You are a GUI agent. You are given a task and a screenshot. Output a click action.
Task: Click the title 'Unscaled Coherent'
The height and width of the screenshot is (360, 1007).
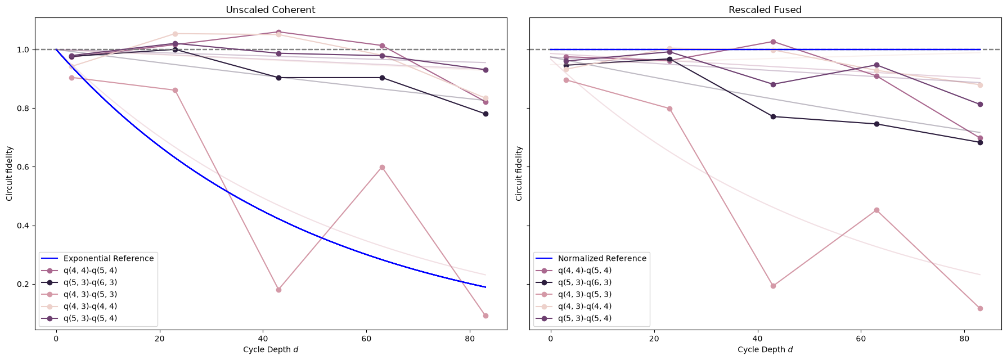(270, 10)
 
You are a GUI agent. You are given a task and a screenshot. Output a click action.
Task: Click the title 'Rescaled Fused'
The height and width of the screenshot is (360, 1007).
(765, 10)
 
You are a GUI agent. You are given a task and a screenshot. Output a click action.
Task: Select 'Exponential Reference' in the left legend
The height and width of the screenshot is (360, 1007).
(109, 258)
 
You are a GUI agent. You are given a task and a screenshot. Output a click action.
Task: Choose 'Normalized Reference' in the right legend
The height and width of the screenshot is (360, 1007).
(602, 258)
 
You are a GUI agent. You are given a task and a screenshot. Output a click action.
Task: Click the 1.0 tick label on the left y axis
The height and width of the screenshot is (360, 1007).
(24, 49)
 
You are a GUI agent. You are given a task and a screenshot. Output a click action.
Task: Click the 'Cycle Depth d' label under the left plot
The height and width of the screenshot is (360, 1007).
(271, 349)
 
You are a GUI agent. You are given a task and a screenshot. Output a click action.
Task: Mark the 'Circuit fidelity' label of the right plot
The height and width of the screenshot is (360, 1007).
(519, 174)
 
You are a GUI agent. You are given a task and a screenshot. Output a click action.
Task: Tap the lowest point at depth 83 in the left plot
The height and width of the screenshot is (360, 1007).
(485, 316)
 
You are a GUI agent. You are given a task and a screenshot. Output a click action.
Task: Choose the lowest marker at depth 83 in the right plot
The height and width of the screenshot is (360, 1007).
(980, 308)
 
